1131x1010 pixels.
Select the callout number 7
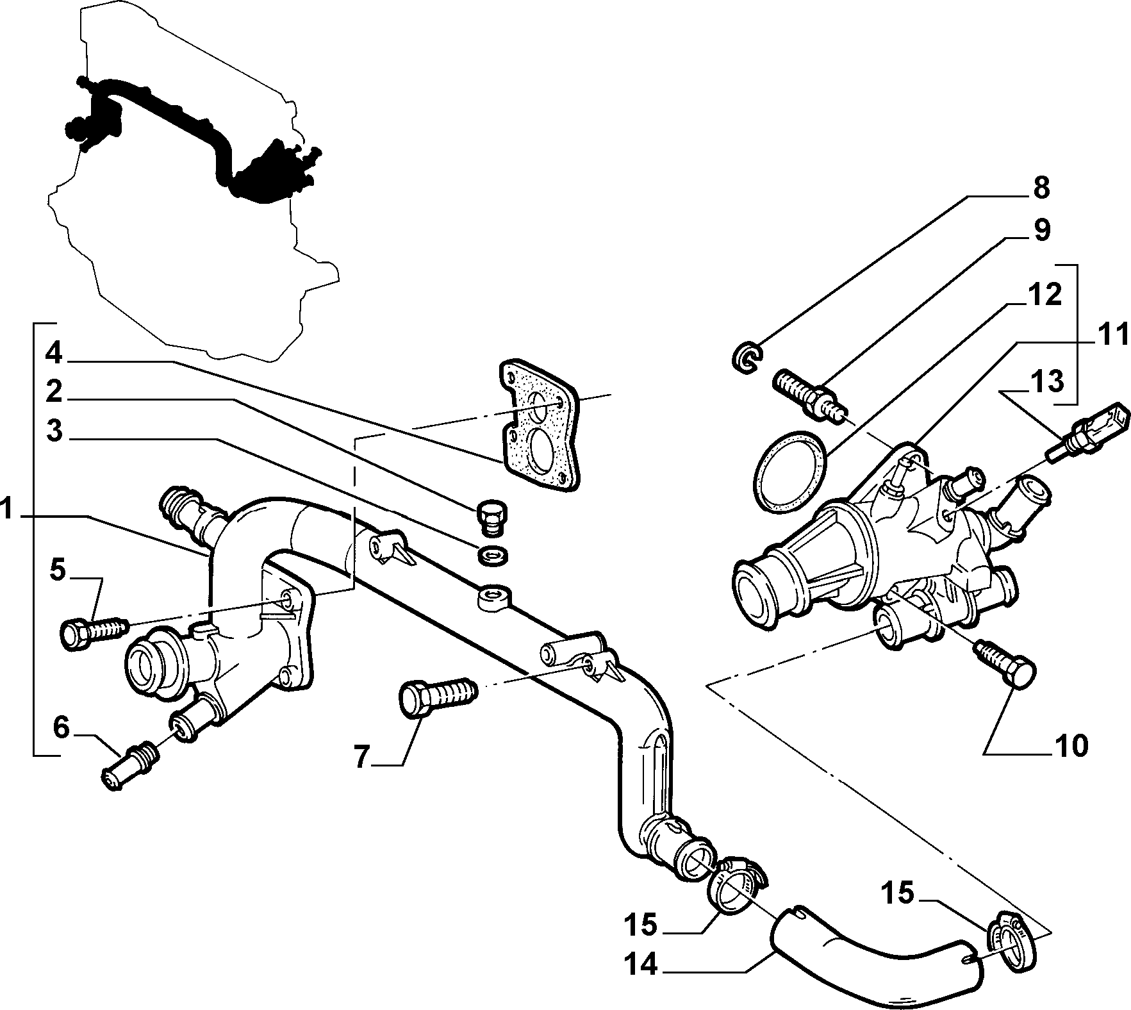[362, 757]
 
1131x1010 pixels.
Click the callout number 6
[60, 728]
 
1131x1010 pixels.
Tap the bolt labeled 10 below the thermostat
[1005, 666]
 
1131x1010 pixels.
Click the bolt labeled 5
[94, 630]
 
